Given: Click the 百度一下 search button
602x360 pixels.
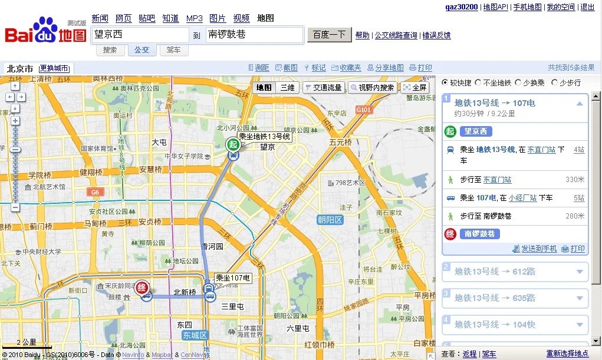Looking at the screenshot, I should click(x=329, y=35).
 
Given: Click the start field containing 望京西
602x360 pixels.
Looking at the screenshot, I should click(x=140, y=35).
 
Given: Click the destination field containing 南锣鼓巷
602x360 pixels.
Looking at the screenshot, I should click(x=254, y=35).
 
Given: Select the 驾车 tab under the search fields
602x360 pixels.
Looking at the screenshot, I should click(x=174, y=50).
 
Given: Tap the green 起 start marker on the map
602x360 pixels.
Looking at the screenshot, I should click(x=233, y=144).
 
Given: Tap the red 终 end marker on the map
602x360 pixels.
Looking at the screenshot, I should click(x=142, y=288).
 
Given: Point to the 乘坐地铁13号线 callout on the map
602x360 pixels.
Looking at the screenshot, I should click(x=264, y=137).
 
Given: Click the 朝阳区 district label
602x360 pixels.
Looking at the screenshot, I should click(x=330, y=220).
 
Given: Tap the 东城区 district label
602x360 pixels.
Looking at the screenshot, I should click(x=195, y=335).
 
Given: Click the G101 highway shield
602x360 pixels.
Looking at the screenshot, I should click(x=364, y=110).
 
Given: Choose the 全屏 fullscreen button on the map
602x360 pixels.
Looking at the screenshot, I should click(x=415, y=88).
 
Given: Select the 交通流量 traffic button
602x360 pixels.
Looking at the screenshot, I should click(x=324, y=88).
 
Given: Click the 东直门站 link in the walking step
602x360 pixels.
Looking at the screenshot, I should click(x=497, y=180).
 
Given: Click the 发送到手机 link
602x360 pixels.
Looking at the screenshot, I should click(x=538, y=249).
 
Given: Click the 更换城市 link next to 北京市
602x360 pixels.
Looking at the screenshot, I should click(x=54, y=68).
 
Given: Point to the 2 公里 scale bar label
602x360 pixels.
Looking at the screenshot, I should click(x=27, y=342).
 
